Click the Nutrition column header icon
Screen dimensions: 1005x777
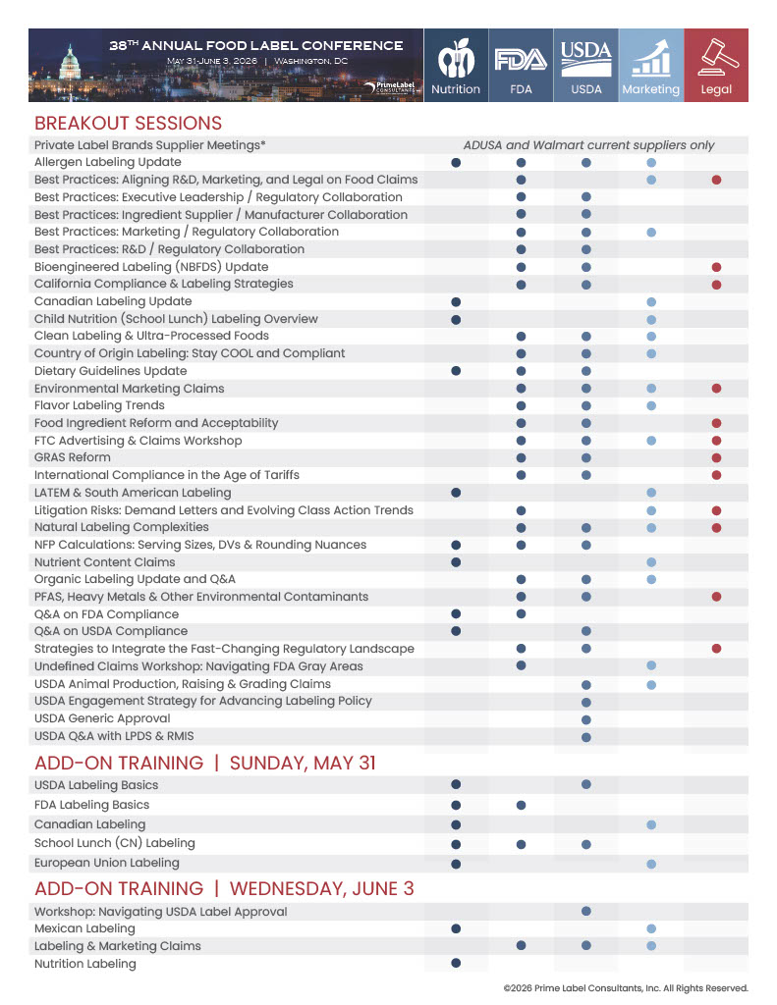pos(456,65)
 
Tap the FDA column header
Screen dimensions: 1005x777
pos(521,65)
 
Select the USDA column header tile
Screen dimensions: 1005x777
pos(586,65)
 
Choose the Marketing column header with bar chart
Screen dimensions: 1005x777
pos(650,65)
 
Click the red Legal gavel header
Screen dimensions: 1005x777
pos(716,65)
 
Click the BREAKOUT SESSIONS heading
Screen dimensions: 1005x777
pos(128,124)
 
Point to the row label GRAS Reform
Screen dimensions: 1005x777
pos(73,457)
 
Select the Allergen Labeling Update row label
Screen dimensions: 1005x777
pos(107,162)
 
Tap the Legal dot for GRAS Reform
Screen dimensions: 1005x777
pos(717,457)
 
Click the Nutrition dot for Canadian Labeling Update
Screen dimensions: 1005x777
pos(456,301)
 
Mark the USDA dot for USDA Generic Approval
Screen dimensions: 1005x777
pos(586,718)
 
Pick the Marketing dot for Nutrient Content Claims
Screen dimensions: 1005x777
pos(651,562)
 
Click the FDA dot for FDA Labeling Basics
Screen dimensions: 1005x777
pos(521,805)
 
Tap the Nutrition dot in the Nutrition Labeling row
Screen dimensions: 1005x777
pos(456,964)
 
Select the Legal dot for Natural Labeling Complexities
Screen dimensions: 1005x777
pos(717,527)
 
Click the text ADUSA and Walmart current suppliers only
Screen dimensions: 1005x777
pos(588,145)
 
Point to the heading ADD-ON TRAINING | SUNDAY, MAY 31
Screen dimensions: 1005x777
pos(205,763)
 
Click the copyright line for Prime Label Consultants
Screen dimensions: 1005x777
pos(625,988)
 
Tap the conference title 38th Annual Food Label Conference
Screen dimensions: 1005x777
pos(255,45)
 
